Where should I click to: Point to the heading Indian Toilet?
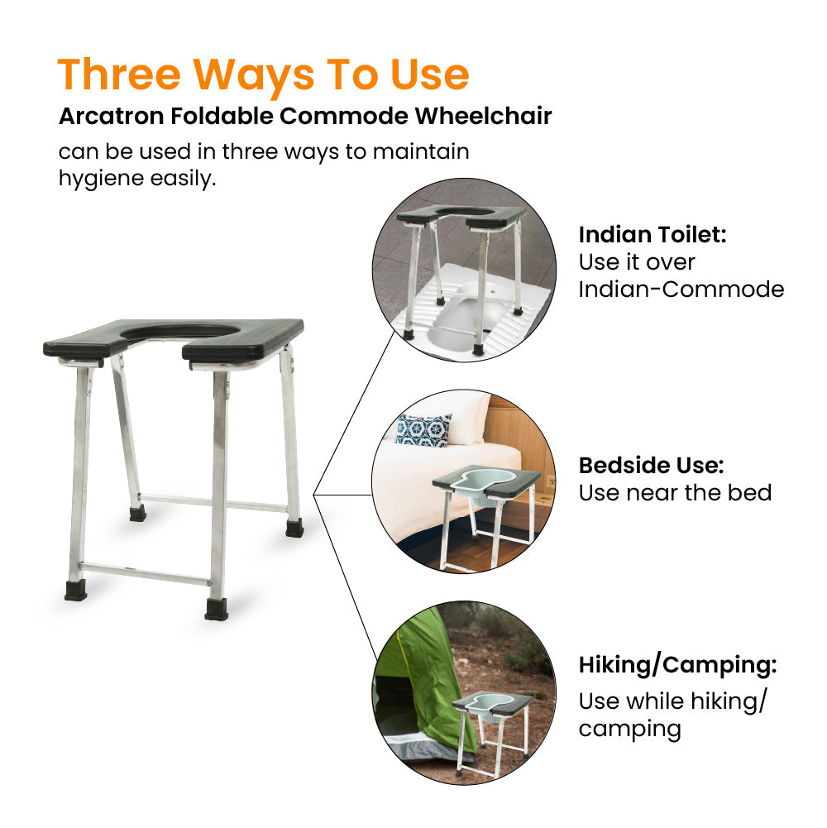[x=652, y=235]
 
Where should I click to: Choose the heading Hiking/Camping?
[x=677, y=665]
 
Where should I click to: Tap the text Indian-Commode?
[x=681, y=290]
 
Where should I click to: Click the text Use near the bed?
[x=675, y=493]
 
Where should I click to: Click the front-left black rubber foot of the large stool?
[x=75, y=591]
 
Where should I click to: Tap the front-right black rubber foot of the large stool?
[x=218, y=610]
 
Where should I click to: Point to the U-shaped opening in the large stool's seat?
[x=180, y=331]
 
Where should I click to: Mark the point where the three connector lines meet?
[x=314, y=495]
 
